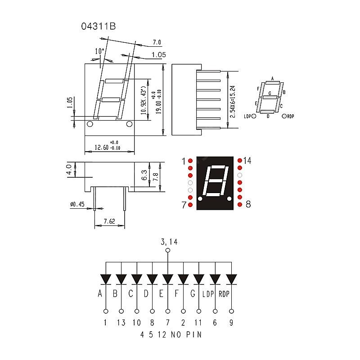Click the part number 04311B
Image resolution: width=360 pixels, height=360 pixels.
click(x=98, y=27)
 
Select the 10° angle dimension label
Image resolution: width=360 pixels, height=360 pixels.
click(x=99, y=51)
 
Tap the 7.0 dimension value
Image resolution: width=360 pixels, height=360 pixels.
click(x=157, y=43)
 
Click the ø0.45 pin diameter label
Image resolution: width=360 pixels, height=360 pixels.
click(x=77, y=205)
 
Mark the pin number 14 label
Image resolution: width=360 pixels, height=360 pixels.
click(x=247, y=161)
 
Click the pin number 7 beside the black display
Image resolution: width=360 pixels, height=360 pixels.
click(x=184, y=205)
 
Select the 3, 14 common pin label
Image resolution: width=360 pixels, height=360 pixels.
click(x=169, y=242)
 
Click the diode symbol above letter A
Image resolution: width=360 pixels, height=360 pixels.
click(x=106, y=279)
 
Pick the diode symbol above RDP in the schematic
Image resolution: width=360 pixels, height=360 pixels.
click(x=231, y=279)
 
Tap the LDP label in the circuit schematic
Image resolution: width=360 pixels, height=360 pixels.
click(x=208, y=295)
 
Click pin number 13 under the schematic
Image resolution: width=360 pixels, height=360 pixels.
click(x=121, y=322)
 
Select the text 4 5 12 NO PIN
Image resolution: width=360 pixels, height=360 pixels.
click(x=171, y=334)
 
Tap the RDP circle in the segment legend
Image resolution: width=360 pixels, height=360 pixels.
click(x=284, y=116)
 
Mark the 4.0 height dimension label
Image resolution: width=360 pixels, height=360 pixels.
click(x=69, y=171)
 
